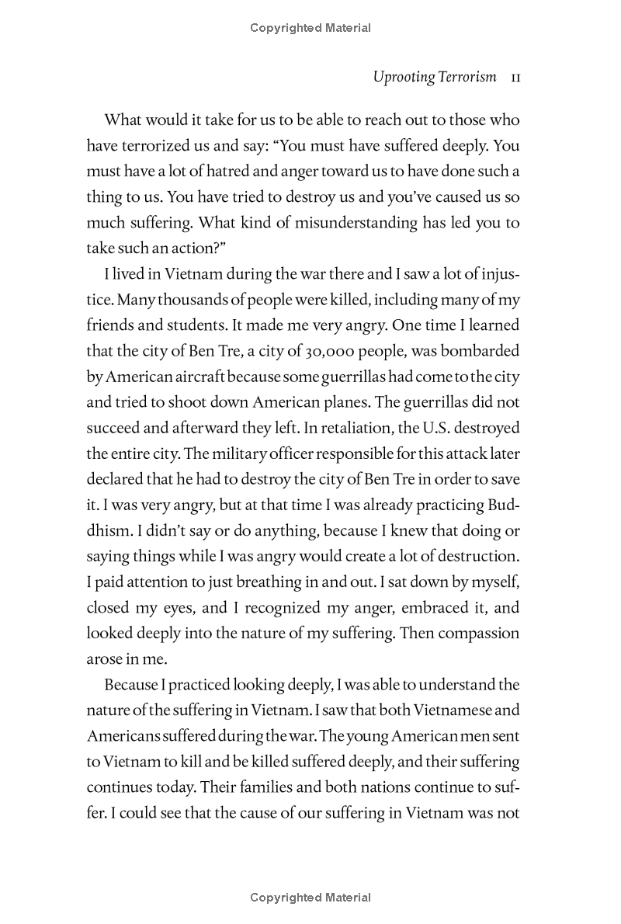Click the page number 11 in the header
coord(512,78)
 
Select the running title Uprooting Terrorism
coord(434,78)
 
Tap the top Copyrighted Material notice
coord(310,28)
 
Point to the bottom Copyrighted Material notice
coord(310,898)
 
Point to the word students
coord(212,325)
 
